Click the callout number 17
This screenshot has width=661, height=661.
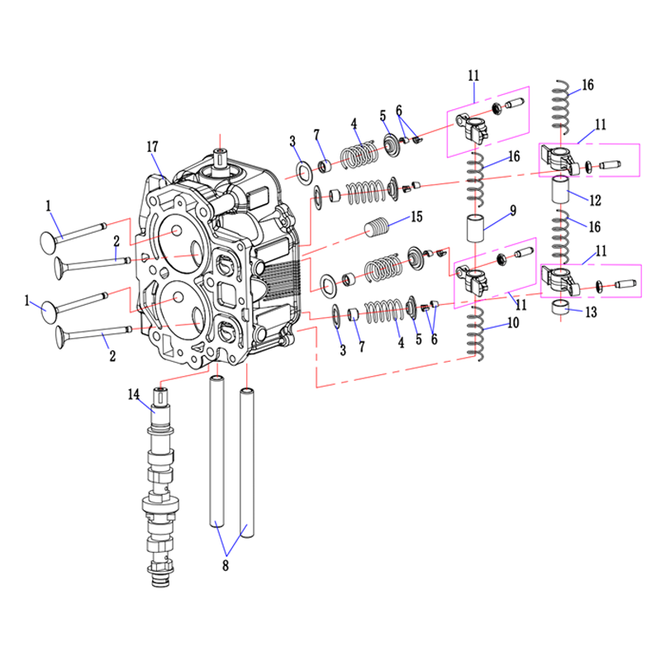click(152, 147)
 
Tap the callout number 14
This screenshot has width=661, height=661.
click(134, 395)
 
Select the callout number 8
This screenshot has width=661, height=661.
click(226, 565)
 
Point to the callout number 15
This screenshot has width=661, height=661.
click(416, 216)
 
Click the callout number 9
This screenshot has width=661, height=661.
click(513, 211)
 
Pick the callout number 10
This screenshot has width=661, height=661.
click(513, 323)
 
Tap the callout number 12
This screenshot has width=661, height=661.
click(595, 200)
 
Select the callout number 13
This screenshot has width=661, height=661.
click(592, 312)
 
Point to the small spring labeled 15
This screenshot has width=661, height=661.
click(377, 226)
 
